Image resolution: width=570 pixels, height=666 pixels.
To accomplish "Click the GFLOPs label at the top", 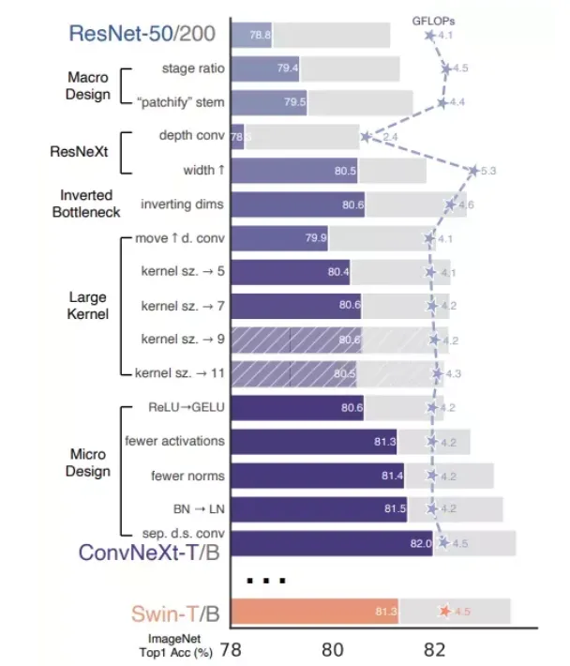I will [433, 20].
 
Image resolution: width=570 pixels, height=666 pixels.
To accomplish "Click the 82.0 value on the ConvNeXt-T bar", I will [418, 543].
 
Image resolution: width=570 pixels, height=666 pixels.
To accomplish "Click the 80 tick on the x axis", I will [332, 650].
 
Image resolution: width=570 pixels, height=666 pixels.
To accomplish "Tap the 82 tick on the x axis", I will [433, 650].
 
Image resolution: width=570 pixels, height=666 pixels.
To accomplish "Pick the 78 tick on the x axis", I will [231, 650].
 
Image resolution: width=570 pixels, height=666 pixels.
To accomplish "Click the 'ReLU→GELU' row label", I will [187, 408].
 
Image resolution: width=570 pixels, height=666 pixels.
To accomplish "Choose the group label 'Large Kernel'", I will [89, 306].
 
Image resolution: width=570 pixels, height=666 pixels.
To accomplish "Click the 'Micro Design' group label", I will [87, 463].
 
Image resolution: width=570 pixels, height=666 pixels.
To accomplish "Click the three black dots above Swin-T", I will [265, 580].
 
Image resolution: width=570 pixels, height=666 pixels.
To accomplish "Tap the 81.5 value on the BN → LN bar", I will [396, 509].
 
